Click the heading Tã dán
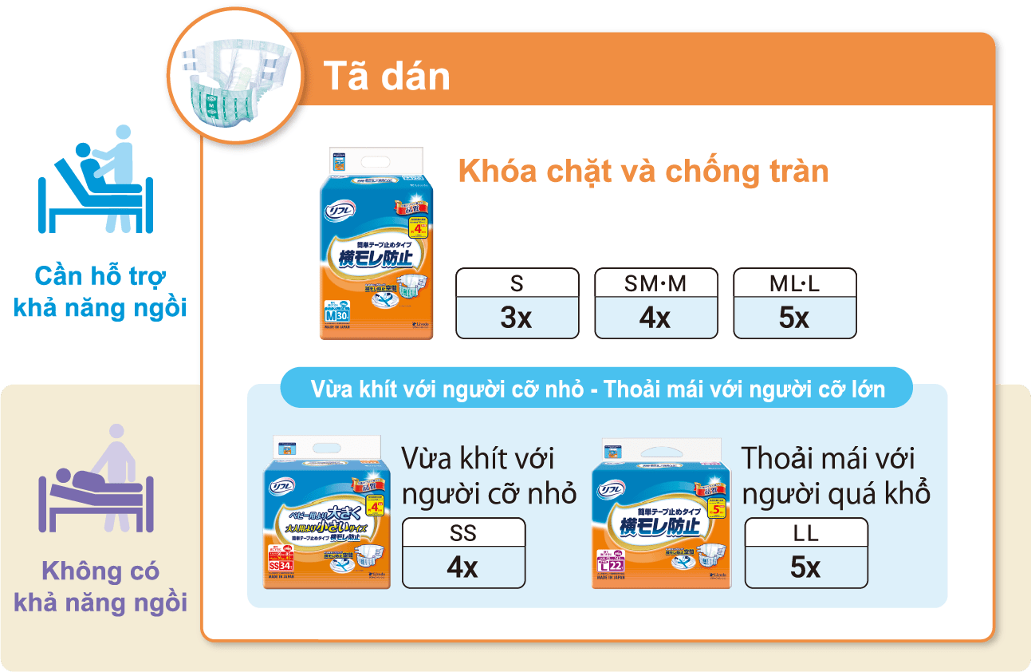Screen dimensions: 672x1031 [387, 77]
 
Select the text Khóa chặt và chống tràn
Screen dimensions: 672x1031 [643, 172]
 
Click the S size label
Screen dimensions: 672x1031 [517, 283]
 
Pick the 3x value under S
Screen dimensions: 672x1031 [517, 318]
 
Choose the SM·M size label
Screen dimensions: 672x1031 [655, 283]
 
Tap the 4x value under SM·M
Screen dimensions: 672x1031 [655, 318]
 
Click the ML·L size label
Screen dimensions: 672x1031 [794, 283]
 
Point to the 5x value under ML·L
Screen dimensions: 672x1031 [794, 318]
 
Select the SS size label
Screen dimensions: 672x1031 [463, 532]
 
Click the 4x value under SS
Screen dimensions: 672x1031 [463, 567]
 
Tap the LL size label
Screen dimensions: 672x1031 [805, 532]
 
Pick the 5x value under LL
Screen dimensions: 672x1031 [805, 567]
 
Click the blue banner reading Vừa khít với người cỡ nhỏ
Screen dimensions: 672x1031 [598, 390]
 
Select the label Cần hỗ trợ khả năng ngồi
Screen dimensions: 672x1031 [100, 292]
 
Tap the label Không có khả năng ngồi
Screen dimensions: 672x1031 [100, 587]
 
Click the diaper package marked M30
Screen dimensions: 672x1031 [376, 243]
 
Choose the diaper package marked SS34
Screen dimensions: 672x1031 [327, 513]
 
